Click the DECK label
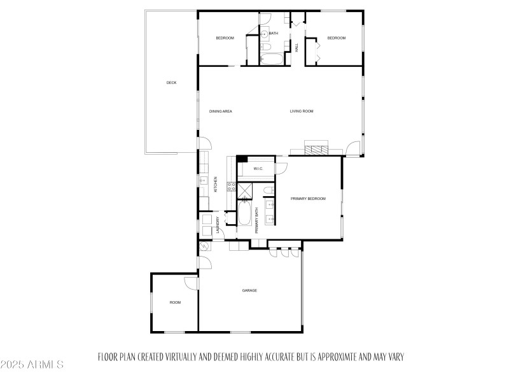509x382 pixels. point(171,83)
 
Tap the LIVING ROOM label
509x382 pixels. point(302,111)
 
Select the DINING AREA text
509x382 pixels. point(221,111)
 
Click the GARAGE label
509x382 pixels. point(249,290)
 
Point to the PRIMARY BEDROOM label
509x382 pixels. point(308,199)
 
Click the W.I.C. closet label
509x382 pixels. point(258,169)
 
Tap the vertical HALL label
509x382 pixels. point(296,47)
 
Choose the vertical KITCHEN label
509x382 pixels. point(216,184)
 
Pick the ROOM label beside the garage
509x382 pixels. point(175,302)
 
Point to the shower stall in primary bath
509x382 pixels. point(246,190)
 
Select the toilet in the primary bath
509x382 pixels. point(270,190)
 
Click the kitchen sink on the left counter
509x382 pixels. point(204,181)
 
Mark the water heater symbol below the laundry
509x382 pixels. point(205,246)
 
